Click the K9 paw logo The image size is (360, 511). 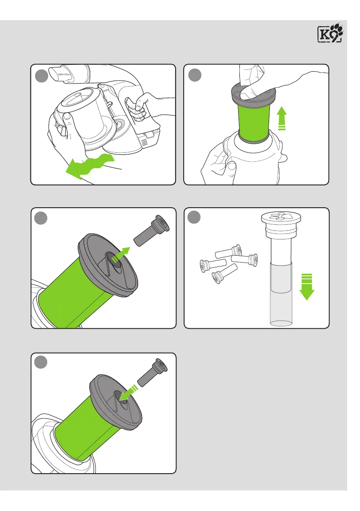(330, 33)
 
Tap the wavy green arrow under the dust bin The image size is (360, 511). (90, 166)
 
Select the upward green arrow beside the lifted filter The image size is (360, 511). (282, 118)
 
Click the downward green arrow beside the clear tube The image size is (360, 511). (306, 287)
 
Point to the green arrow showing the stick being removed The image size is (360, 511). (121, 254)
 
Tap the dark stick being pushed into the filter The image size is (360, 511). (152, 372)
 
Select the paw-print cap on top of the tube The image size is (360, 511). (281, 225)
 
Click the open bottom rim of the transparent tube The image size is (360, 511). (281, 323)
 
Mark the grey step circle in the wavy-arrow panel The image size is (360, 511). (41, 76)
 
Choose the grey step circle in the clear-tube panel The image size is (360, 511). (194, 218)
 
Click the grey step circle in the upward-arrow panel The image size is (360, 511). (195, 75)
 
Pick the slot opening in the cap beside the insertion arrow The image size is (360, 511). (121, 398)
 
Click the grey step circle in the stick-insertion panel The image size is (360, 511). (41, 362)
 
